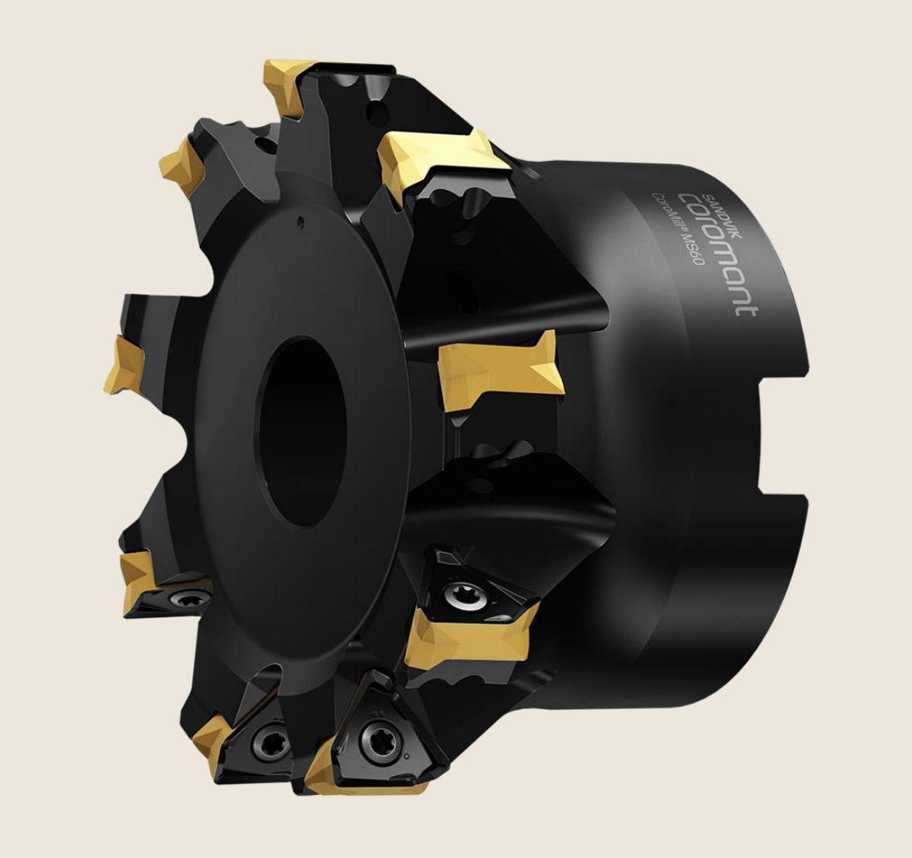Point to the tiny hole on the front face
coord(300,221)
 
